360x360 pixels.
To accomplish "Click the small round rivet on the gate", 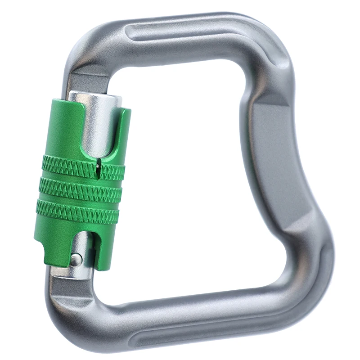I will point(77,259).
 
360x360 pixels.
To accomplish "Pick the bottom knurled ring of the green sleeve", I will point(78,211).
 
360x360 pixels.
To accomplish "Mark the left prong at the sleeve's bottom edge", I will point(45,252).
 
